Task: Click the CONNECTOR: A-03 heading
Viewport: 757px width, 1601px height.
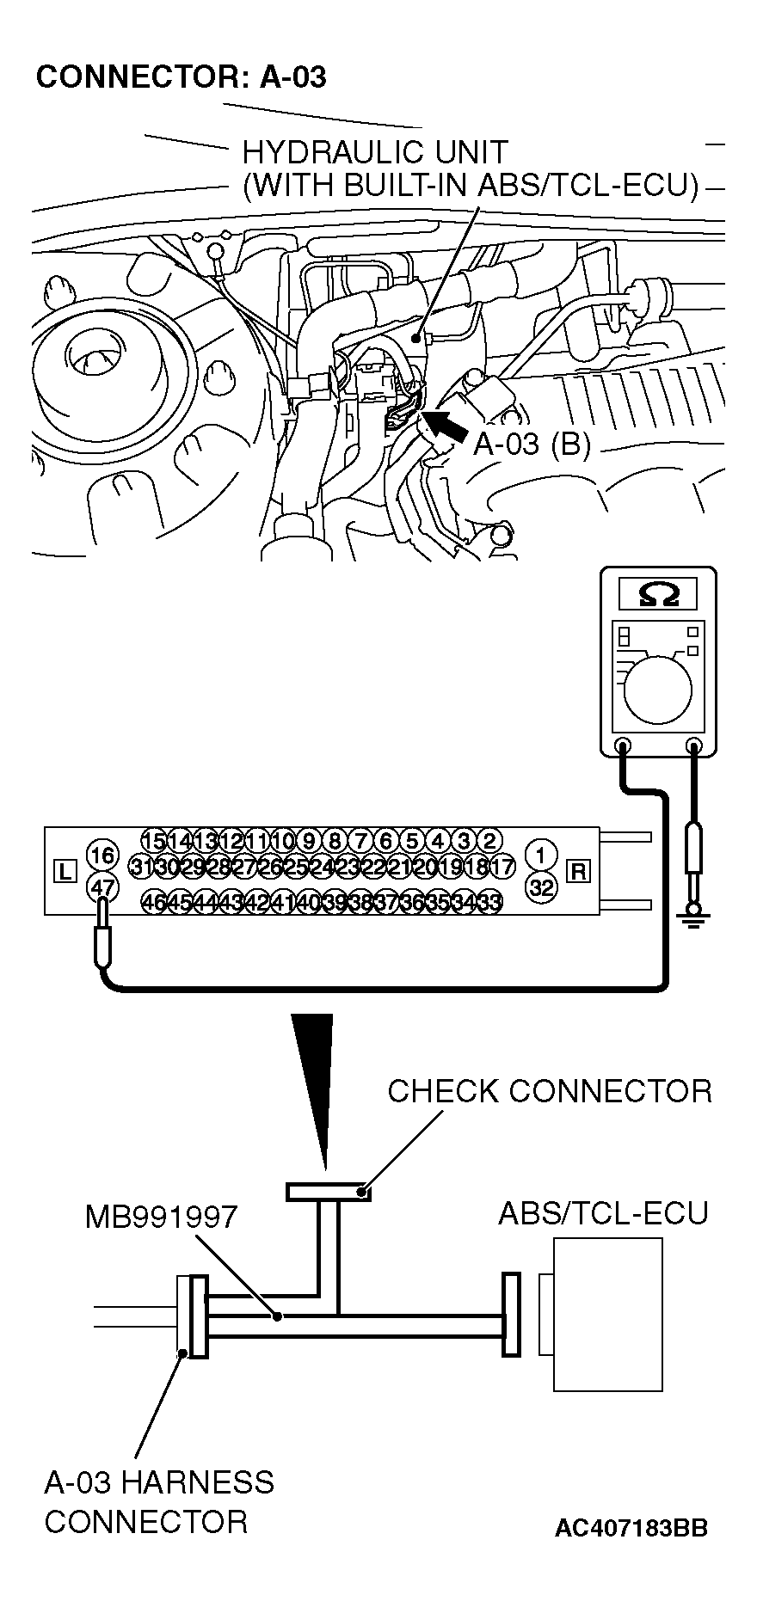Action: [181, 77]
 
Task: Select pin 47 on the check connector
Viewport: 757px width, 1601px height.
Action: [102, 886]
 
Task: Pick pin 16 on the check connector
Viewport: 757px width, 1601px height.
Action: [102, 856]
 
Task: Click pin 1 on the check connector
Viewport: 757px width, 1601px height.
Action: [541, 856]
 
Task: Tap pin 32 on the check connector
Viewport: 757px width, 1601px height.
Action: [541, 887]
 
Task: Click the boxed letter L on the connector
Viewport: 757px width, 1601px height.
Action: [65, 871]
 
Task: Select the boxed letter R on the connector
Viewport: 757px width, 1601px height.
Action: [579, 871]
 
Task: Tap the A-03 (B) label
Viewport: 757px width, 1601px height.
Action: [532, 445]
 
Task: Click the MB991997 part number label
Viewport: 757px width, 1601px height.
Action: [161, 1217]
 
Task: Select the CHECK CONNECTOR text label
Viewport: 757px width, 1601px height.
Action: [550, 1091]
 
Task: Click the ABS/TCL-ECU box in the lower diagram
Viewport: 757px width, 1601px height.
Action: [607, 1314]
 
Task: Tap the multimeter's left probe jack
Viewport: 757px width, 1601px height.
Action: [624, 745]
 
